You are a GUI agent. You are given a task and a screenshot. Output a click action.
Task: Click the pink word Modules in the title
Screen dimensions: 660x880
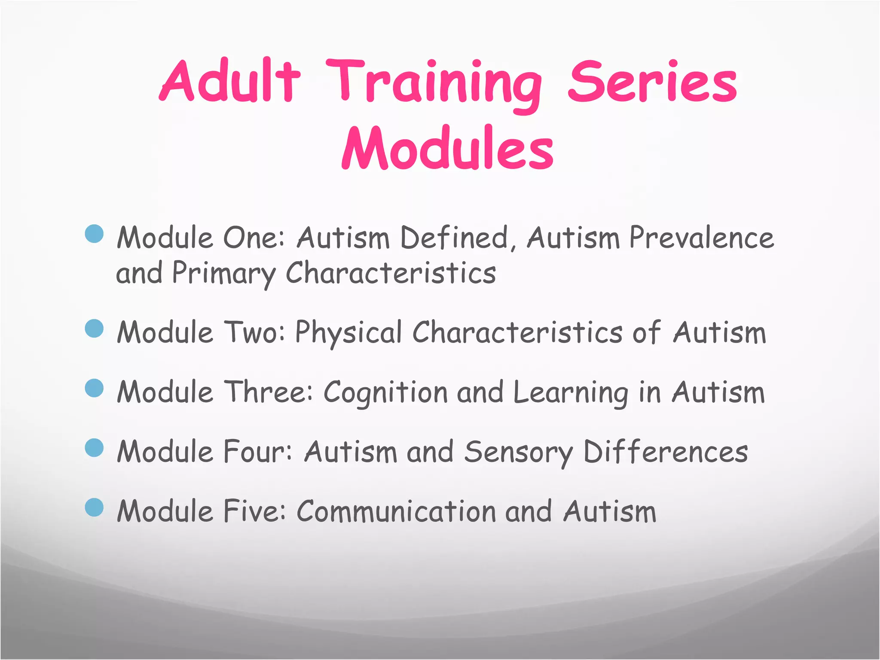447,149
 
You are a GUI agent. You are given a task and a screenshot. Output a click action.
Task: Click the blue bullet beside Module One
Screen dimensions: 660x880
95,234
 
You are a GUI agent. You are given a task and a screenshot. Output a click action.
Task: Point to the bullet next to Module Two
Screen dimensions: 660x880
95,329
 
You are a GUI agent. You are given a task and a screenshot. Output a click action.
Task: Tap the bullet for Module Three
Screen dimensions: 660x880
95,388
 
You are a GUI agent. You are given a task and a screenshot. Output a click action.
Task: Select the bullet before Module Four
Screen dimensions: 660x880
95,448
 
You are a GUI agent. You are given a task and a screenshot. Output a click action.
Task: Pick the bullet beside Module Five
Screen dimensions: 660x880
95,507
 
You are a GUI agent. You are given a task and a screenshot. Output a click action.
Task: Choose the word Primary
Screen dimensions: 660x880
223,274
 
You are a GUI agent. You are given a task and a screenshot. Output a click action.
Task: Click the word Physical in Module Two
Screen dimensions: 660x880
348,333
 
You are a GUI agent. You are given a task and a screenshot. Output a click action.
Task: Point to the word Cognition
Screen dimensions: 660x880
385,393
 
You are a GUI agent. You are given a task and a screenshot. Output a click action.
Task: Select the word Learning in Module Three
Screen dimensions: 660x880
571,393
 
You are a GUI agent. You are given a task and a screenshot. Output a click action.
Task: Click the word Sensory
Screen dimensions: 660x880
518,453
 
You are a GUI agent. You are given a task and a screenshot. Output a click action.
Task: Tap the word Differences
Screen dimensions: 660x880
665,452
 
